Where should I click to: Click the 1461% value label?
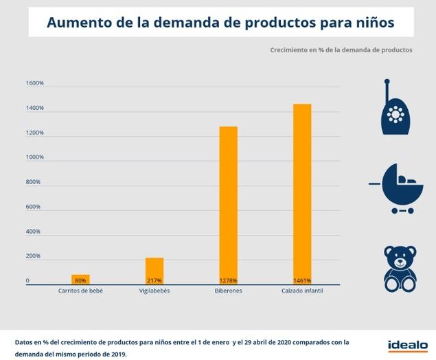point(302,280)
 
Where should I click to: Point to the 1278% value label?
point(228,280)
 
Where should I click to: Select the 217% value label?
point(154,280)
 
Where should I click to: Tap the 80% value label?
point(80,280)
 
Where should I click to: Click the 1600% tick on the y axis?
point(35,84)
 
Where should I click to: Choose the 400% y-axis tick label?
point(34,232)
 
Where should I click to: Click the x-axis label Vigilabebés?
point(154,291)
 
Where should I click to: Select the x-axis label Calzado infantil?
point(302,291)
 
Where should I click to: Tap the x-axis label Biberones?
point(228,291)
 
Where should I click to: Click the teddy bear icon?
point(400,269)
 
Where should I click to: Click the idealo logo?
point(407,345)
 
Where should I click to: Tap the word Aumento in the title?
point(74,23)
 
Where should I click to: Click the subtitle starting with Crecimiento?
point(341,50)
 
